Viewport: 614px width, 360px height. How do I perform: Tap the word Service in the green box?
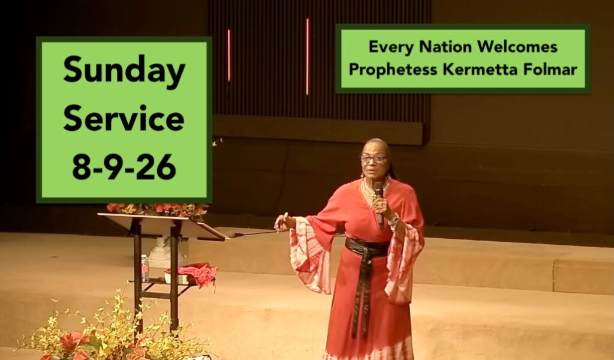point(124,118)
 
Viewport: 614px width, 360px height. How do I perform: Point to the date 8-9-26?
point(124,166)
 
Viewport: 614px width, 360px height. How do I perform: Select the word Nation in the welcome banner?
point(446,47)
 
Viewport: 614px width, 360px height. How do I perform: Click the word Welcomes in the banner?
point(517,47)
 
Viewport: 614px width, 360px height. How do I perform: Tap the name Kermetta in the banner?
point(480,70)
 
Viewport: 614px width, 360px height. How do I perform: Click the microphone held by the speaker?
point(379,203)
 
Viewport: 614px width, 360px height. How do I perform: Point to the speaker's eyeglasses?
point(374,158)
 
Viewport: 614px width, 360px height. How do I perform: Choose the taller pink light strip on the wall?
point(308,56)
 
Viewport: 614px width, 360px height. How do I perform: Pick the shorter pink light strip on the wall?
point(229,55)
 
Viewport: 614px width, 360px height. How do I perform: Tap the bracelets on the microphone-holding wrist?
point(393,221)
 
